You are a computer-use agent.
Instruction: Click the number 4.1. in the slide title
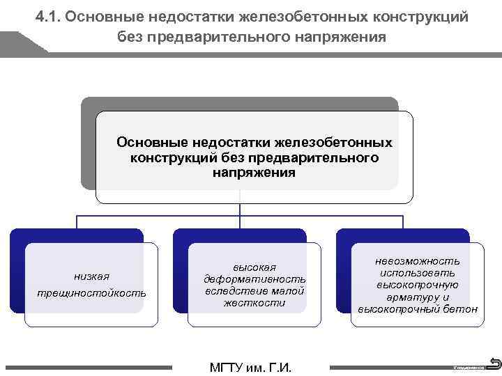pos(47,16)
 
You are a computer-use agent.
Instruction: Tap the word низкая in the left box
pos(91,276)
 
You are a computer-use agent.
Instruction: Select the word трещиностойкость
pos(91,293)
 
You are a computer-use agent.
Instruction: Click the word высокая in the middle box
pos(254,267)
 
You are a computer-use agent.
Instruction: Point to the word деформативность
pos(254,279)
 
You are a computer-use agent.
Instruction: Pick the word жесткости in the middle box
pos(254,303)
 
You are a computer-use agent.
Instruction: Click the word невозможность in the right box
pos(418,260)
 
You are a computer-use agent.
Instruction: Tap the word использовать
pos(418,272)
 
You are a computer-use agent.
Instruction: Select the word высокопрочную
pos(418,285)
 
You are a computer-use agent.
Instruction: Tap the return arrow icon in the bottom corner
pos(494,363)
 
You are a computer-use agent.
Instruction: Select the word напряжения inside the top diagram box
pos(254,173)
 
